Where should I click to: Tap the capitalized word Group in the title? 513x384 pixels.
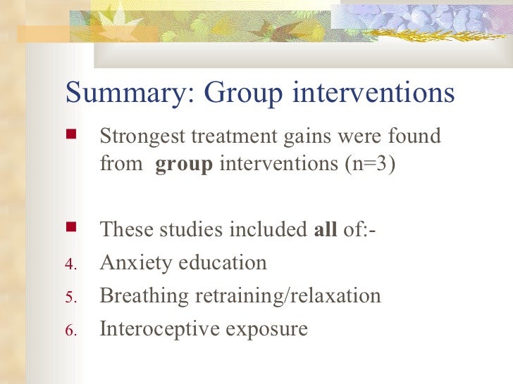pos(239,94)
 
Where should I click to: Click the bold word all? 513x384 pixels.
pos(325,229)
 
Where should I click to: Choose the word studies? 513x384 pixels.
pos(192,229)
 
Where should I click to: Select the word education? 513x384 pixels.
pos(221,262)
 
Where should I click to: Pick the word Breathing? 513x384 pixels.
pos(143,296)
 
